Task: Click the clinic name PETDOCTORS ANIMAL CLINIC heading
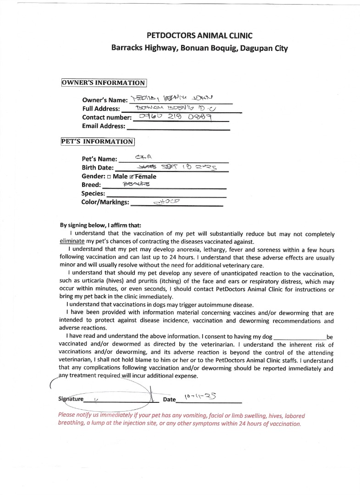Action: point(199,35)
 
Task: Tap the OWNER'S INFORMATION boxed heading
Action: point(104,83)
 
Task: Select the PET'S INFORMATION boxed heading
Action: point(97,142)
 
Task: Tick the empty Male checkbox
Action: point(109,176)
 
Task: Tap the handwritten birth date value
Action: point(186,167)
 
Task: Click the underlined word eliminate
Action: point(72,241)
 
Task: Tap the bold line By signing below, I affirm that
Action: point(101,225)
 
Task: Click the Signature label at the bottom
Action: point(71,399)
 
